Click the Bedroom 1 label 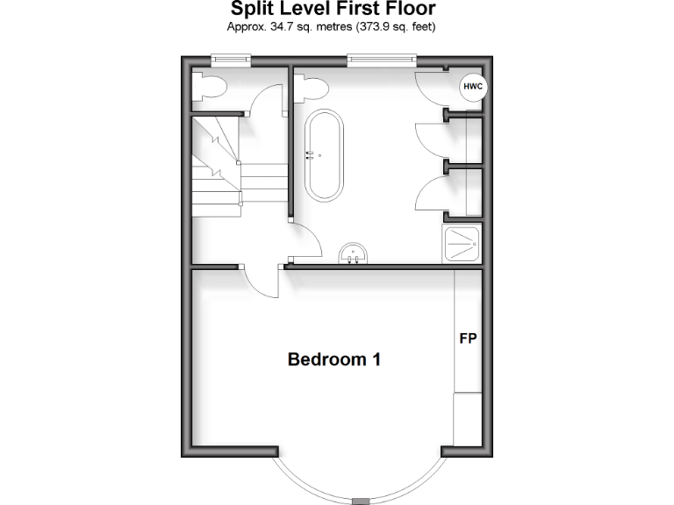coord(334,359)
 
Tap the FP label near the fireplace coord(468,338)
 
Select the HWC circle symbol coord(473,87)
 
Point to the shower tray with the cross coord(462,245)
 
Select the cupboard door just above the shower coord(432,195)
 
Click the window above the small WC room coord(231,60)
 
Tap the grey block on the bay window coord(361,501)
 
